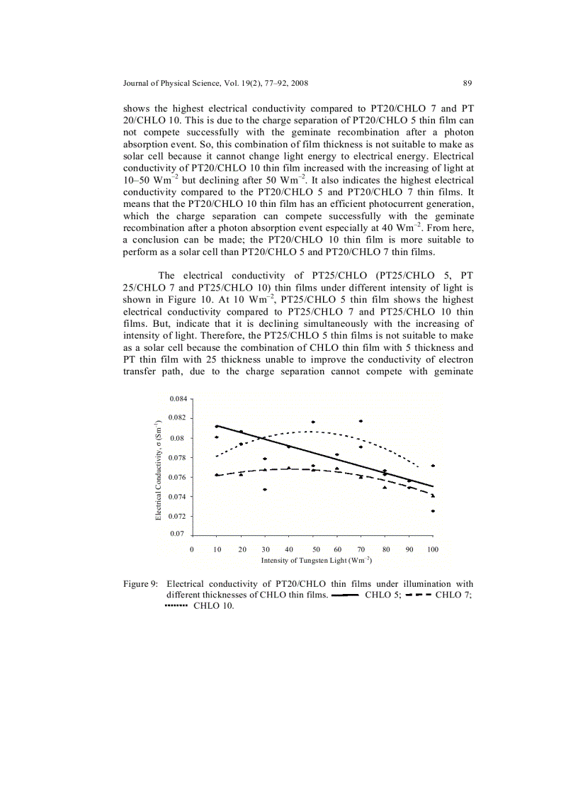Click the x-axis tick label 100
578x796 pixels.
coord(432,549)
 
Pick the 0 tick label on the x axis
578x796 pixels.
coord(193,549)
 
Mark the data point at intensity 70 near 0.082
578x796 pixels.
coord(361,421)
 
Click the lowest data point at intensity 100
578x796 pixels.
coord(432,511)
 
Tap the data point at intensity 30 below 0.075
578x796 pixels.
coord(265,490)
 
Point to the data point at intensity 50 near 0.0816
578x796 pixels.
coord(312,422)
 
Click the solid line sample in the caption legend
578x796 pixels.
coord(345,595)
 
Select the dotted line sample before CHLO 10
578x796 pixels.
coord(175,607)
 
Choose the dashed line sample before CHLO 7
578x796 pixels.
coord(418,595)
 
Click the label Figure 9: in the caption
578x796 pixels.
coord(140,584)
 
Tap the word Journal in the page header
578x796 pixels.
coord(138,84)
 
